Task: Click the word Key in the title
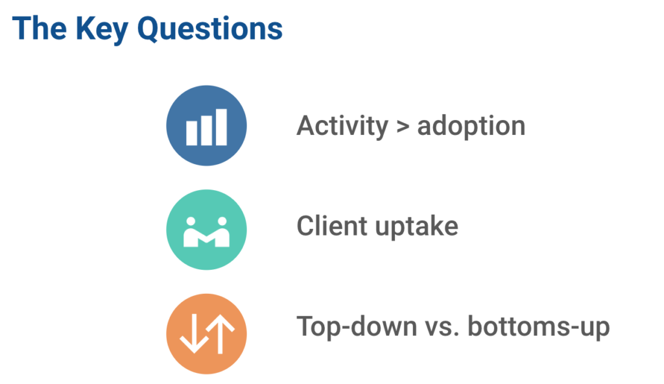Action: [102, 30]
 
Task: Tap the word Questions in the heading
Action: [209, 29]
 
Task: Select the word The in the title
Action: [40, 28]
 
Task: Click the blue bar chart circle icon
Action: [206, 125]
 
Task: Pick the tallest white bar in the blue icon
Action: [222, 127]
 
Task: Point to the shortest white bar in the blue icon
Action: [191, 133]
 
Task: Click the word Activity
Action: [342, 126]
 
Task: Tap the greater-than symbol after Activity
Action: [403, 127]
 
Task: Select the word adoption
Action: [471, 126]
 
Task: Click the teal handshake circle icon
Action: [206, 230]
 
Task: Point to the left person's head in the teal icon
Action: [191, 221]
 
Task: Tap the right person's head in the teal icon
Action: [222, 221]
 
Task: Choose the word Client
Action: [331, 226]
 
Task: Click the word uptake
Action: [417, 227]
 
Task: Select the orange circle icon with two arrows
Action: [206, 334]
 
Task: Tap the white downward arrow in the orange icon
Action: [195, 334]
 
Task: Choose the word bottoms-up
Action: [539, 327]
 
